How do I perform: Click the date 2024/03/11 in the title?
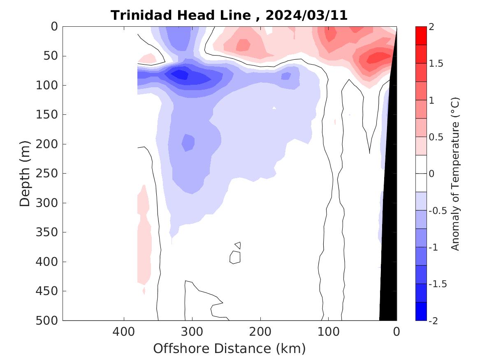coord(306,16)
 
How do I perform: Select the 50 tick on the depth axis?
coord(51,56)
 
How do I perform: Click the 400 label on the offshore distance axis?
coord(124,331)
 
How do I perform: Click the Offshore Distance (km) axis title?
coord(230,348)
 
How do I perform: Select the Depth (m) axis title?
coord(26,173)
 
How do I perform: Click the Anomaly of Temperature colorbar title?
coord(455,174)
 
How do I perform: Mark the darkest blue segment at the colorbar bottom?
coord(421,311)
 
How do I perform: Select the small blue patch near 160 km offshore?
coord(286,76)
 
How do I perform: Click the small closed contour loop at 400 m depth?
coord(235,257)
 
